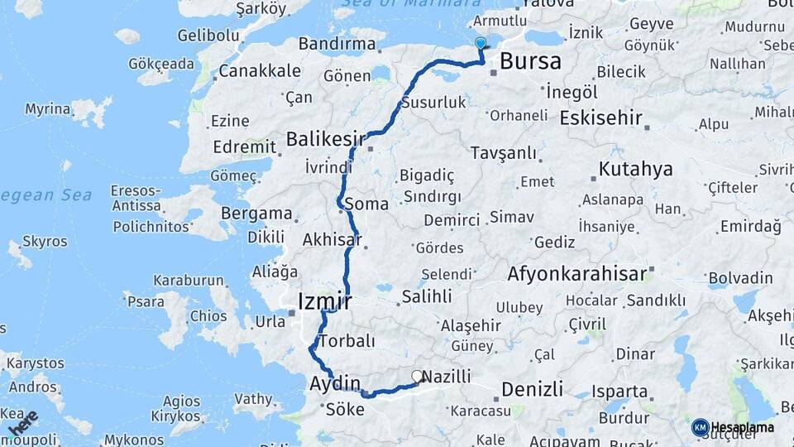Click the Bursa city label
(x=530, y=60)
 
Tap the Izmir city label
(x=326, y=300)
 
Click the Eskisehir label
(x=600, y=118)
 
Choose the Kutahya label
(x=636, y=170)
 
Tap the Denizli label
(x=532, y=388)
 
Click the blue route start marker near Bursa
(x=481, y=43)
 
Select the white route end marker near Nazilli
(x=417, y=376)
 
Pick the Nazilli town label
(x=447, y=377)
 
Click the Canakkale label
(x=261, y=71)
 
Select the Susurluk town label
(x=433, y=103)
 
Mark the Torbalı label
(x=347, y=341)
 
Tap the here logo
(x=22, y=424)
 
